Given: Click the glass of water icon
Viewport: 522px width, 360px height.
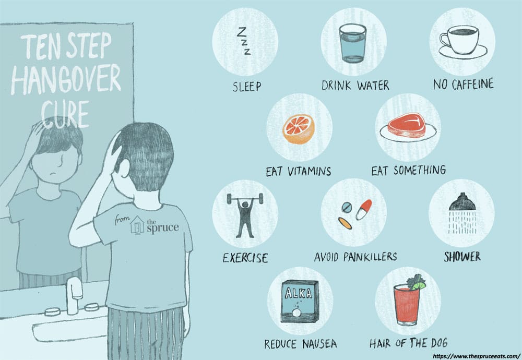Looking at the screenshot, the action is pos(352,43).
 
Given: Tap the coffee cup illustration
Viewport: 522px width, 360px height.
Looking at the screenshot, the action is pos(462,42).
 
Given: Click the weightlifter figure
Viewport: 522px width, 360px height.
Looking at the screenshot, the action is pos(245,214).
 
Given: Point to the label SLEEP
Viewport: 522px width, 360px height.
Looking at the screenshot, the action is pos(247,87).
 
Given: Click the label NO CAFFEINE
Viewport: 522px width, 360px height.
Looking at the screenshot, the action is pos(463,84).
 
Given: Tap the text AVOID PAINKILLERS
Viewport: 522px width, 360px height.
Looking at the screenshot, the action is pos(355,257).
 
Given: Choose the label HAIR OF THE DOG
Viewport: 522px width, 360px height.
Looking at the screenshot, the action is pos(408,343).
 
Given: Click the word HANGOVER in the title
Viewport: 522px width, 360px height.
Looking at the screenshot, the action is pos(66,79).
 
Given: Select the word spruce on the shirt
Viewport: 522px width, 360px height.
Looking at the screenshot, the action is pos(162,228).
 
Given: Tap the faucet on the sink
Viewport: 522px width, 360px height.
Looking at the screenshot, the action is pos(74,296).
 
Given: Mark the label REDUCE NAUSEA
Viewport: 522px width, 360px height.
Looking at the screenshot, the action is pos(300,344).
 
